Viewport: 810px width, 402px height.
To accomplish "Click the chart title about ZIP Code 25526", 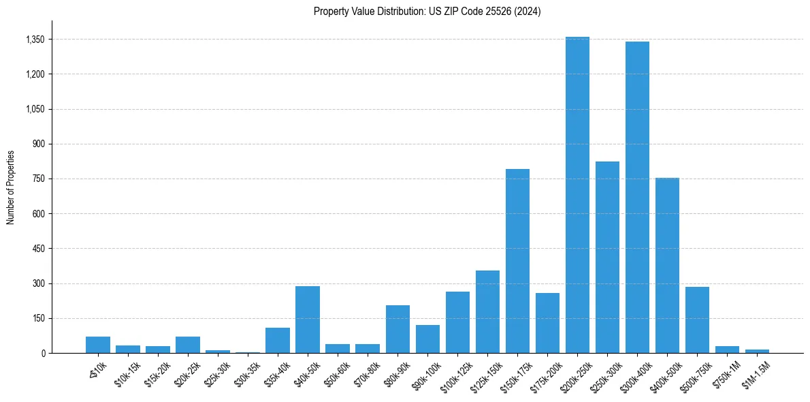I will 427,12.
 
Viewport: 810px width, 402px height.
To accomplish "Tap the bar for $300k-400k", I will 637,198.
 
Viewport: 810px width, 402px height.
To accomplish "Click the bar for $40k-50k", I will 308,320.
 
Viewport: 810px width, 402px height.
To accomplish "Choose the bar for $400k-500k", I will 667,266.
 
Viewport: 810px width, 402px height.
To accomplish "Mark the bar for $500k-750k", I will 697,320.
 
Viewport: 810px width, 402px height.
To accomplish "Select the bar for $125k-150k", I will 487,312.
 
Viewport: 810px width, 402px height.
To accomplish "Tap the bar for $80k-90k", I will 398,329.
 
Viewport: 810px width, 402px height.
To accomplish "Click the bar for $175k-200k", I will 547,323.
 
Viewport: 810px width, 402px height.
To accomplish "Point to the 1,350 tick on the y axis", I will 35,40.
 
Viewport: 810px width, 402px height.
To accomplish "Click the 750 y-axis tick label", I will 38,179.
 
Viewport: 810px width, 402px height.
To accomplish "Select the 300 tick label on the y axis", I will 38,283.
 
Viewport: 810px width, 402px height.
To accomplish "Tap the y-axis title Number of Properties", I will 11,187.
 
